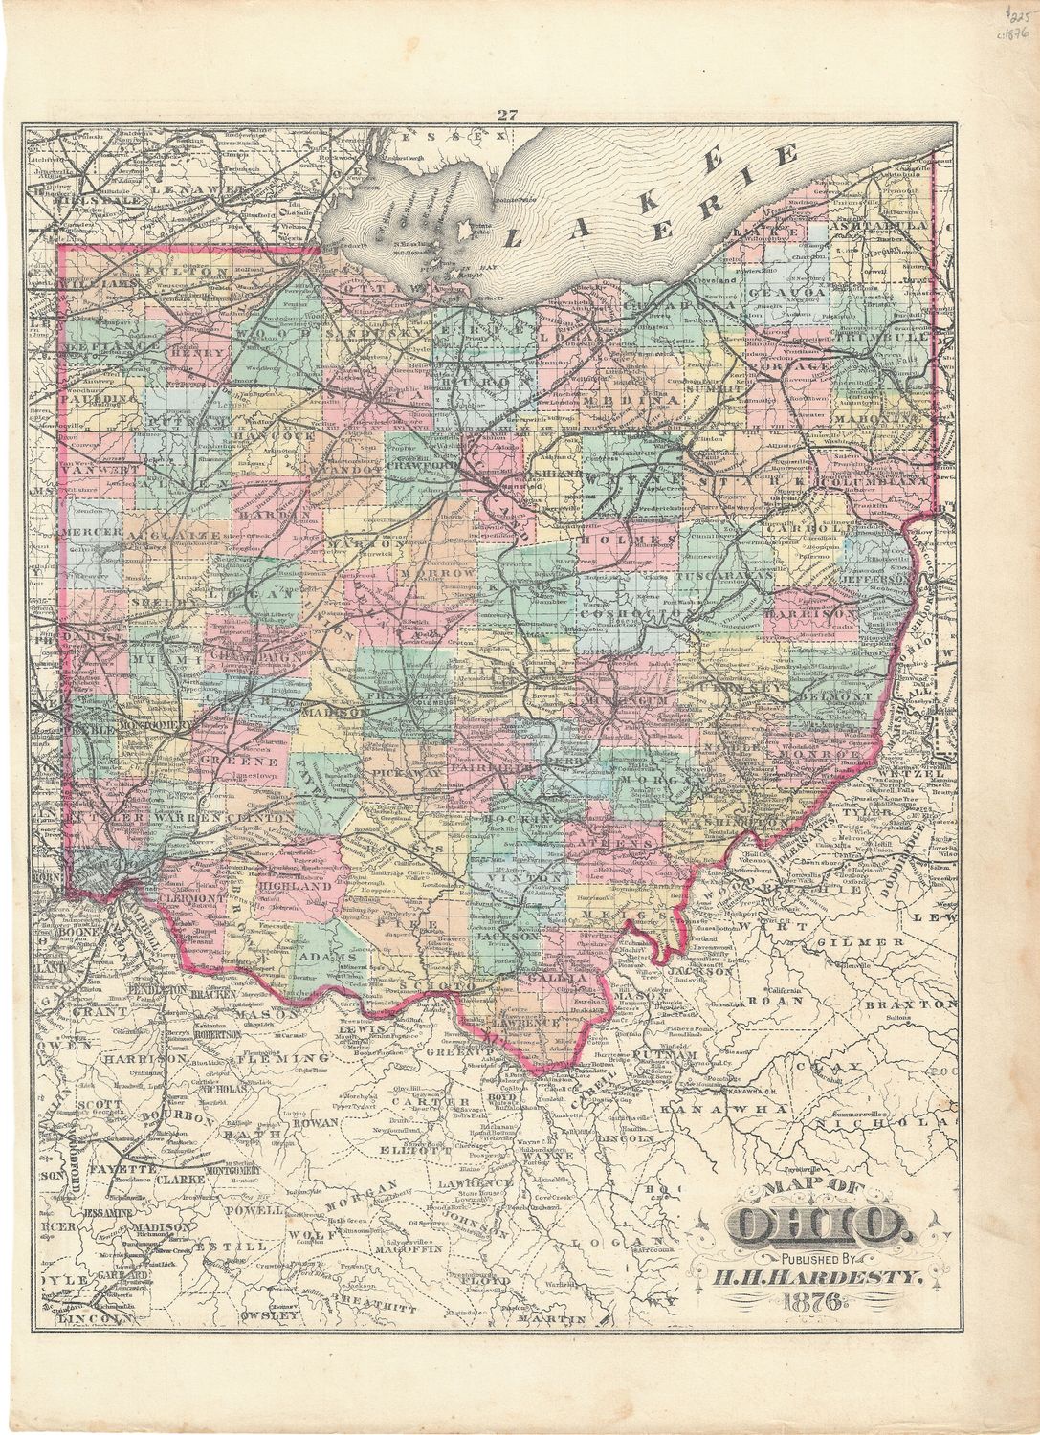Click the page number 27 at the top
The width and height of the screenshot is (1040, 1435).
(x=507, y=117)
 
